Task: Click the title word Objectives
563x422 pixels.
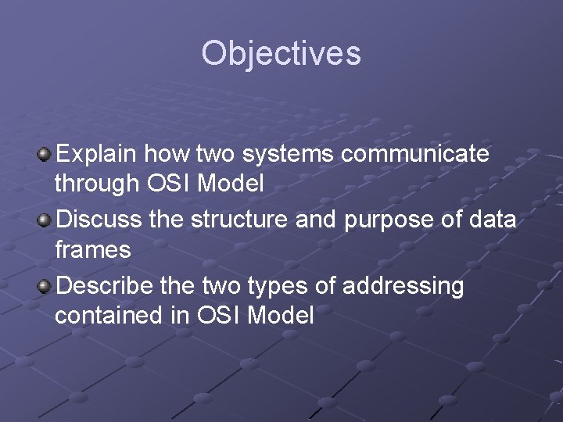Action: (x=281, y=54)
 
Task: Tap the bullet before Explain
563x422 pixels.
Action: (x=45, y=154)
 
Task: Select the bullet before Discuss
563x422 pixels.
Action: (x=45, y=220)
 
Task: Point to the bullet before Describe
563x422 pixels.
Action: (x=45, y=287)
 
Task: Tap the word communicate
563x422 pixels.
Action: (x=415, y=154)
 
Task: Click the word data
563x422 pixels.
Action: (x=493, y=220)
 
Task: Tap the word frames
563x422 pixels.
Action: (x=92, y=250)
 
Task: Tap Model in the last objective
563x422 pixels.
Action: (x=280, y=316)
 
